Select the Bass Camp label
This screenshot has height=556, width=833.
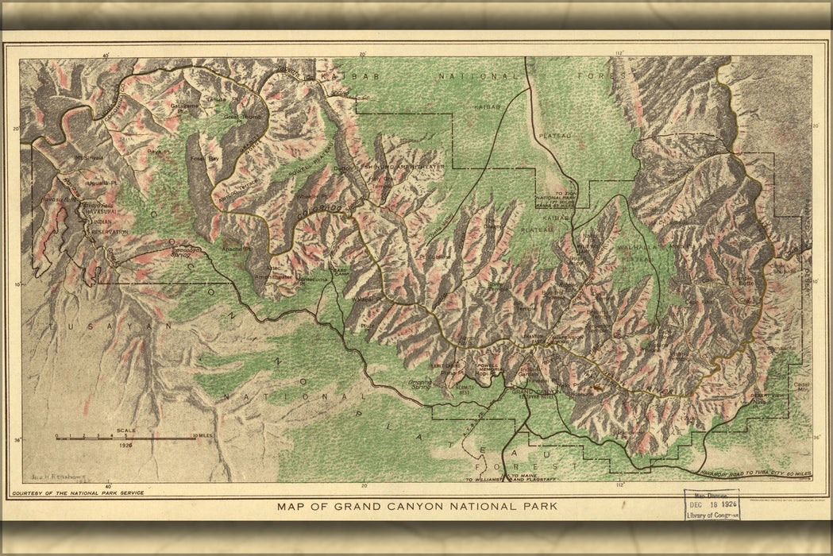point(341,271)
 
